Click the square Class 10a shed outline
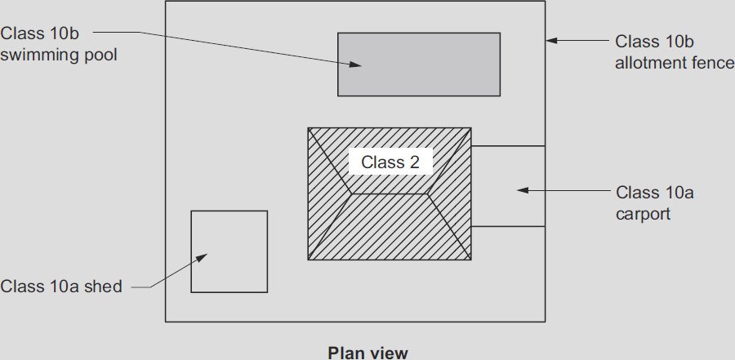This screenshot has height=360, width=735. [229, 251]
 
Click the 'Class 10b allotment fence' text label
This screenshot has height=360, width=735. [675, 51]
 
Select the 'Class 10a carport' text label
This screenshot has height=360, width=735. [654, 203]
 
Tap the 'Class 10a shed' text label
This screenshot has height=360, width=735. [61, 286]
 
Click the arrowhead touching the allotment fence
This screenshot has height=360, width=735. [552, 40]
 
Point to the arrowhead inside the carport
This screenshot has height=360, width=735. [523, 190]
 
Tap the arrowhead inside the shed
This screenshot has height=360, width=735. [202, 258]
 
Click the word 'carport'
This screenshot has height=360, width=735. [643, 215]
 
